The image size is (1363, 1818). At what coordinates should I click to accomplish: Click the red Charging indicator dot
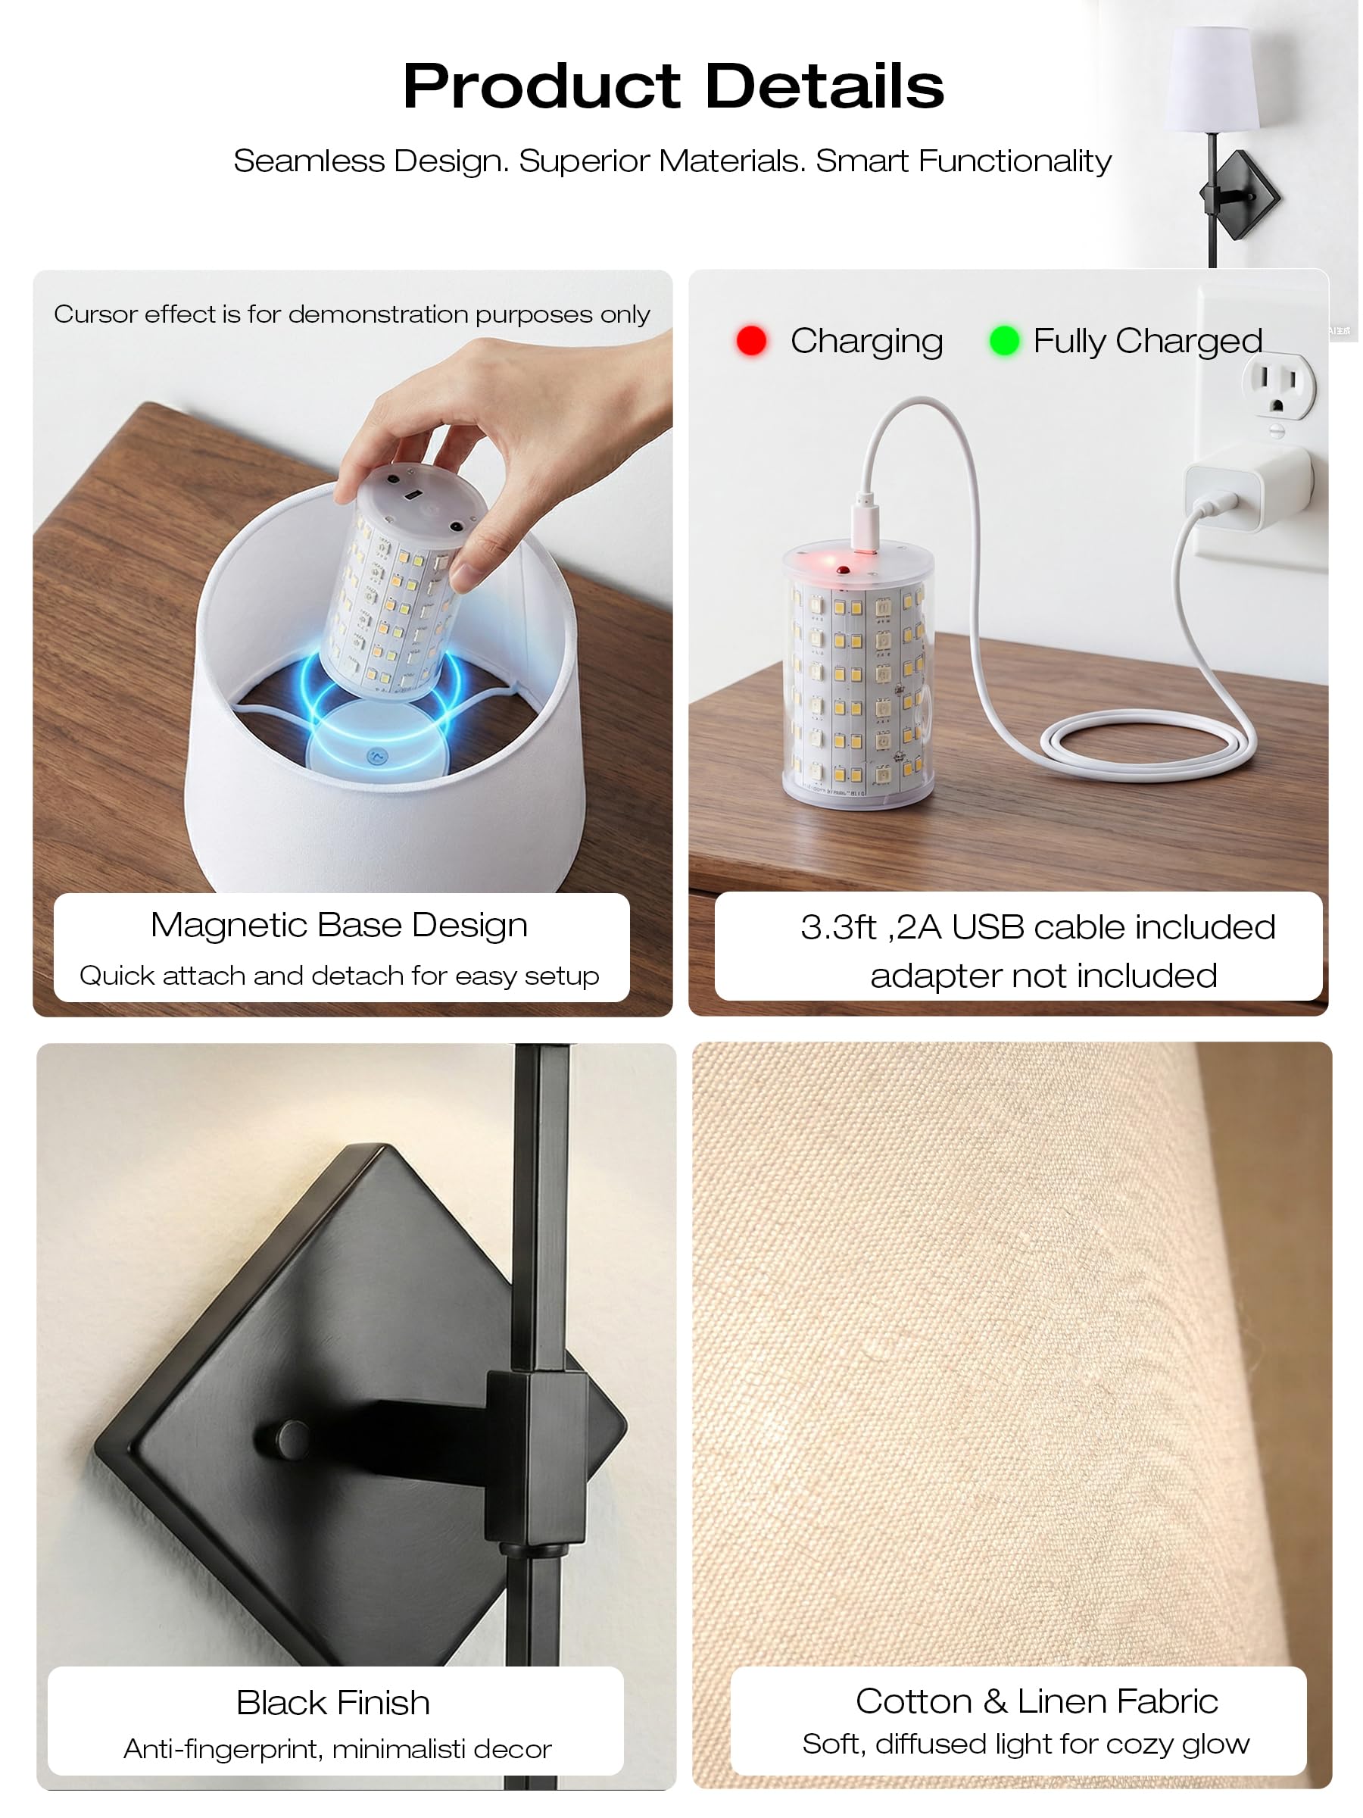[751, 340]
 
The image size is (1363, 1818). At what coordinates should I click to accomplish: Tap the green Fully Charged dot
[1004, 340]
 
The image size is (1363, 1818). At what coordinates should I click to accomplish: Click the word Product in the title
[541, 86]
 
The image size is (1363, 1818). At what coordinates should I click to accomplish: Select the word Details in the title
[825, 86]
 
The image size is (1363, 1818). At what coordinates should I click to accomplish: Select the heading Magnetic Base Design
[339, 926]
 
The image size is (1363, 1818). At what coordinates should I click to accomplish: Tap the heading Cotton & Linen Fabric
[1036, 1701]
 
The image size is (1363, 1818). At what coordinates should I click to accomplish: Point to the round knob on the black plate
[292, 1438]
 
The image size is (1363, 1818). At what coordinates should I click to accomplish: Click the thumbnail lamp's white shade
[1212, 79]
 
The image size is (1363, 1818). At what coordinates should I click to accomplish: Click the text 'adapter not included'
[1043, 976]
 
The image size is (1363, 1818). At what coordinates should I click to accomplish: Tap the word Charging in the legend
[866, 341]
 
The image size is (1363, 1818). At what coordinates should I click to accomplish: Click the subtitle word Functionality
[1015, 161]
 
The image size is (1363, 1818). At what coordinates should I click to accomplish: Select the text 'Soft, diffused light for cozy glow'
[1026, 1744]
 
